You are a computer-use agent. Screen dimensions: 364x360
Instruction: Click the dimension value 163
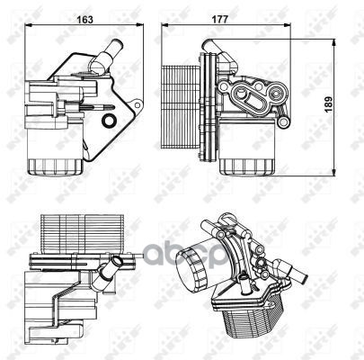(x=85, y=20)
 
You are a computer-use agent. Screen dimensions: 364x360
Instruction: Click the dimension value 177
(x=220, y=20)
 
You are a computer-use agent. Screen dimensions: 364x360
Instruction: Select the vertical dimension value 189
(x=329, y=104)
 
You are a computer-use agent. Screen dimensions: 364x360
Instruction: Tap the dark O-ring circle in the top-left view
(x=108, y=121)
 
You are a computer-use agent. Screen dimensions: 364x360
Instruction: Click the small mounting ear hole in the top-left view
(x=138, y=105)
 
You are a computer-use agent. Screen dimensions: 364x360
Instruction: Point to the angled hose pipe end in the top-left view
(x=117, y=45)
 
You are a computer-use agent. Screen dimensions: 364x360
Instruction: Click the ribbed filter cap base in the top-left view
(x=55, y=167)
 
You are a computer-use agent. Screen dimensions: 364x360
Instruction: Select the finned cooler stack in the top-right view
(x=180, y=107)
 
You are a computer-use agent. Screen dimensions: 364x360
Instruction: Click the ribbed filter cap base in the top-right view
(x=247, y=167)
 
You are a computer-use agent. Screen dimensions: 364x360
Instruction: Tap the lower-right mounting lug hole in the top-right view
(x=283, y=121)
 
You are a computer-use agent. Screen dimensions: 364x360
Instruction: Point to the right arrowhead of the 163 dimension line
(x=141, y=26)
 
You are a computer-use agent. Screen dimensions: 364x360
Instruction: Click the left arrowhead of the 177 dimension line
(x=164, y=26)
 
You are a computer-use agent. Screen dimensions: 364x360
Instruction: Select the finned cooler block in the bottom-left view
(x=82, y=233)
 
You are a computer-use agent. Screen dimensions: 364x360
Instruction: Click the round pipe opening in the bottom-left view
(x=115, y=261)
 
